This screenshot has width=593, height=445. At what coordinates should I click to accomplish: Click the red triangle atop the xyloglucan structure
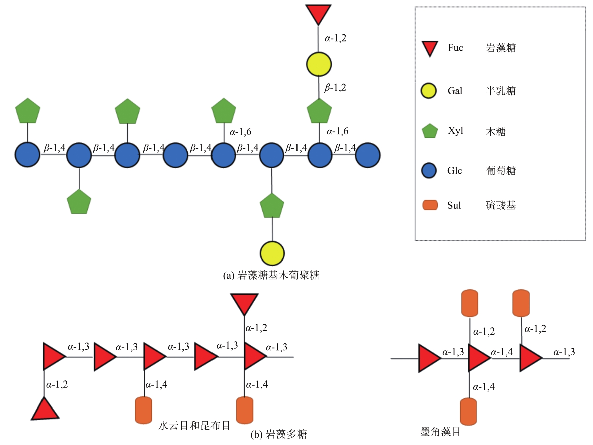[x=318, y=13]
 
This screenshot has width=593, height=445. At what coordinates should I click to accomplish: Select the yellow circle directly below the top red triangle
[x=319, y=64]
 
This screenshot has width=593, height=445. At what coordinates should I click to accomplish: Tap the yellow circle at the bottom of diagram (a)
[x=272, y=253]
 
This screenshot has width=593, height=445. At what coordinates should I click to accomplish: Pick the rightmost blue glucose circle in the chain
[x=367, y=155]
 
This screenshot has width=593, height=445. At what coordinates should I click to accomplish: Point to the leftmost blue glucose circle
[x=27, y=155]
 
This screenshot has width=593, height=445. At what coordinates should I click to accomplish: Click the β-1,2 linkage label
[x=335, y=88]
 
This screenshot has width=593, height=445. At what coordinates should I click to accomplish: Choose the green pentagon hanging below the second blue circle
[x=79, y=202]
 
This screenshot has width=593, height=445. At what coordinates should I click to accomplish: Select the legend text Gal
[x=455, y=91]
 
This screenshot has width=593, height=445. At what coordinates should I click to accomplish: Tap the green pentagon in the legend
[x=430, y=131]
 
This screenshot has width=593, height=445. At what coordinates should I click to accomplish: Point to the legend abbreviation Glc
[x=454, y=171]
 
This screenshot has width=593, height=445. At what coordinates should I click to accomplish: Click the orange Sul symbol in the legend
[x=430, y=205]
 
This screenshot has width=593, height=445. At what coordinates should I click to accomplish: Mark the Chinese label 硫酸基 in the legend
[x=501, y=205]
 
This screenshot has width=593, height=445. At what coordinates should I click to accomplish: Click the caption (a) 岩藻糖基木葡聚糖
[x=271, y=275]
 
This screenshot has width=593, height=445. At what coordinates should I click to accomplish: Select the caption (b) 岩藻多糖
[x=278, y=434]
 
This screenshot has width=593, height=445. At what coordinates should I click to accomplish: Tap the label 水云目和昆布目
[x=194, y=425]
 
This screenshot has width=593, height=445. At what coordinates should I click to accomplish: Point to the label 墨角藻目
[x=440, y=432]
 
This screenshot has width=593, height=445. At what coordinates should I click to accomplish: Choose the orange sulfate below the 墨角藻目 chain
[x=468, y=412]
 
